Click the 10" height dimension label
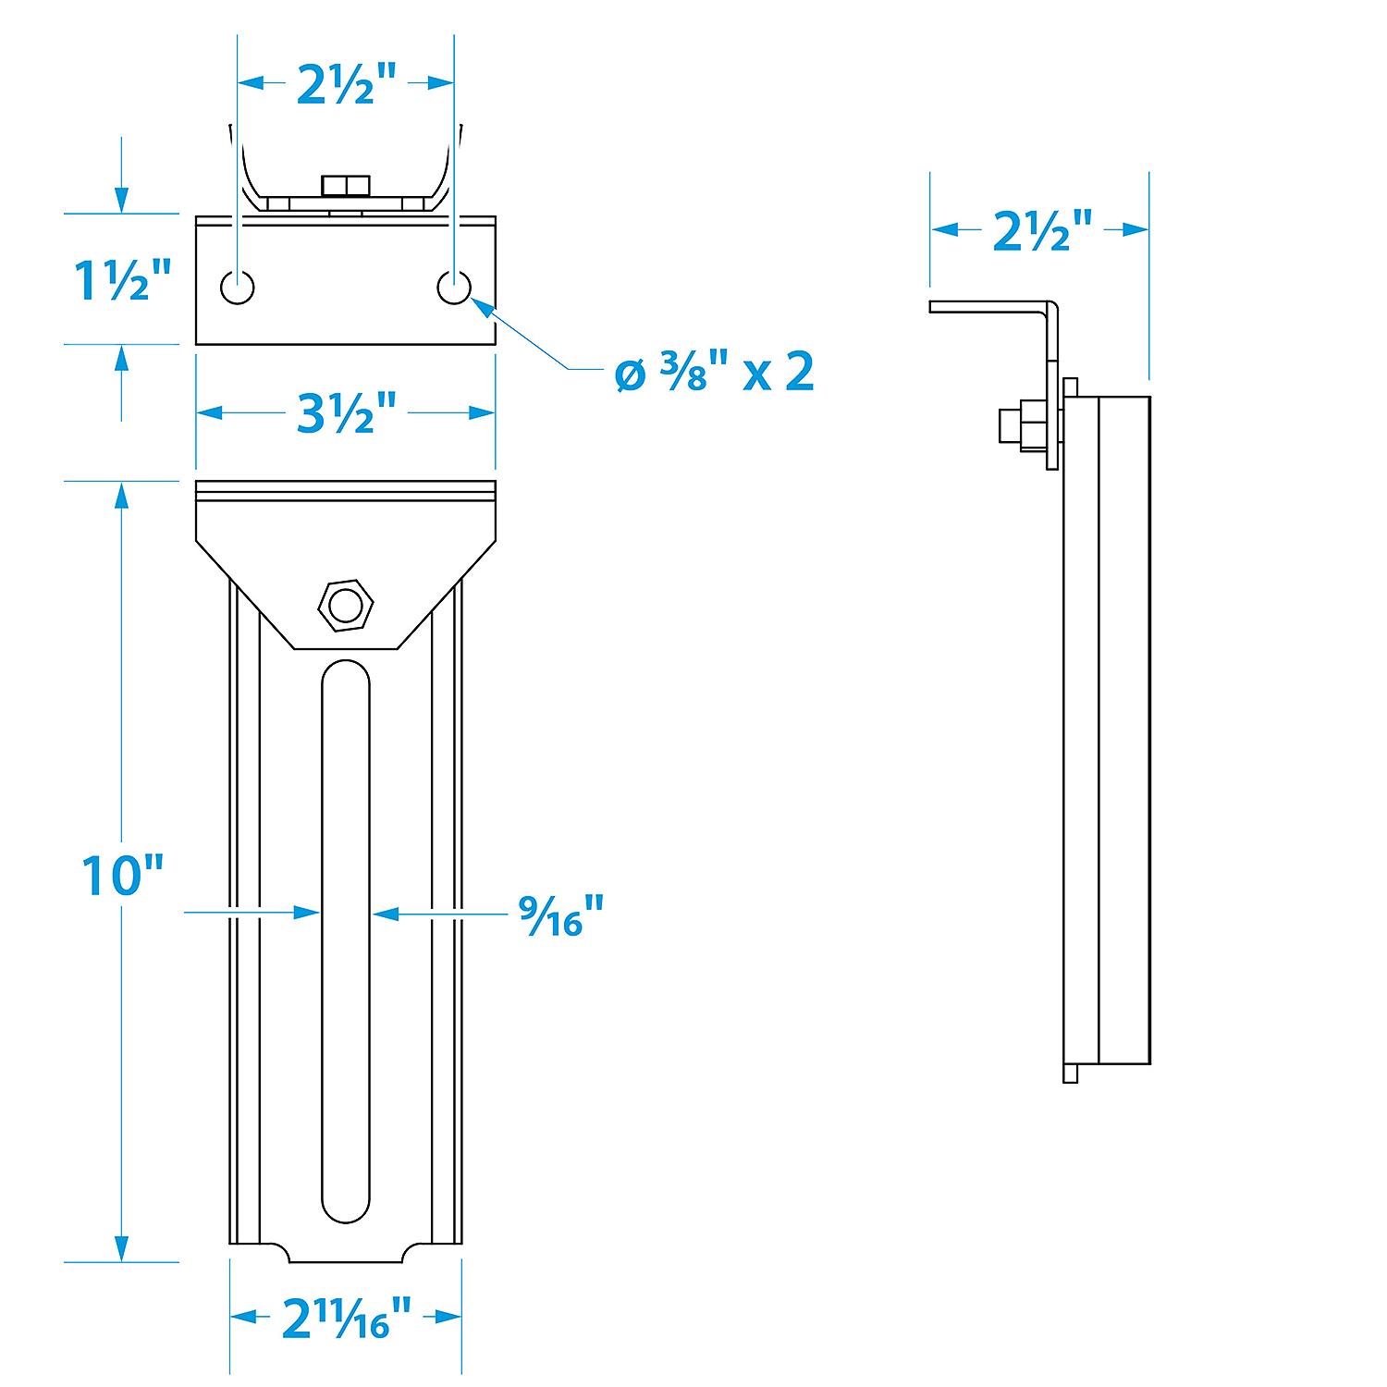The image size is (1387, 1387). click(x=121, y=875)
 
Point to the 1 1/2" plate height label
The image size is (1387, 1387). click(x=123, y=280)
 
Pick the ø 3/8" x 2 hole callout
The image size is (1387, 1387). click(x=715, y=372)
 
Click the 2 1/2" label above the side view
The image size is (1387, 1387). click(x=1042, y=230)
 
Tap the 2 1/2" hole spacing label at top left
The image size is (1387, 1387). click(x=346, y=84)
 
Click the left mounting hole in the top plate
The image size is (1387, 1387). click(x=238, y=288)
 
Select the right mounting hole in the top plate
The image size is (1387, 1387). click(x=454, y=288)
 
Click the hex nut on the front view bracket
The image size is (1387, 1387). click(x=346, y=606)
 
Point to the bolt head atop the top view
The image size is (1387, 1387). click(x=345, y=186)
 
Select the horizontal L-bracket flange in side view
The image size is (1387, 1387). click(x=989, y=307)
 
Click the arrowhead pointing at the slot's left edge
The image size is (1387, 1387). click(x=309, y=913)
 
